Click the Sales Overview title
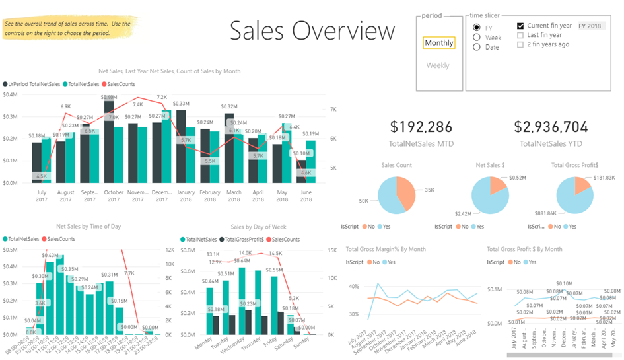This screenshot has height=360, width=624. (x=312, y=30)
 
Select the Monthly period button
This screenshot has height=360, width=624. (x=439, y=43)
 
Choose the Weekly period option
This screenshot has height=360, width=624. (x=438, y=65)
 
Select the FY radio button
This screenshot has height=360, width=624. (x=477, y=28)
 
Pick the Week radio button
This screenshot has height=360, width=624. (x=477, y=38)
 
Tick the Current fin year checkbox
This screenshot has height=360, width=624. (x=520, y=26)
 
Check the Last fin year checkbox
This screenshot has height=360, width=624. (x=520, y=35)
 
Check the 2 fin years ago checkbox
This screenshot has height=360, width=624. (x=520, y=44)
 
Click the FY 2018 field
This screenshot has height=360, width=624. (x=590, y=26)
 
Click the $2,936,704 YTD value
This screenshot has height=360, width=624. (x=551, y=127)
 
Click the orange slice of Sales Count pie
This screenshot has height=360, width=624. (x=407, y=191)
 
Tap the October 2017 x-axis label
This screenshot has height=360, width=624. (x=114, y=196)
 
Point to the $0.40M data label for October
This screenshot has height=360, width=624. (x=109, y=97)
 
